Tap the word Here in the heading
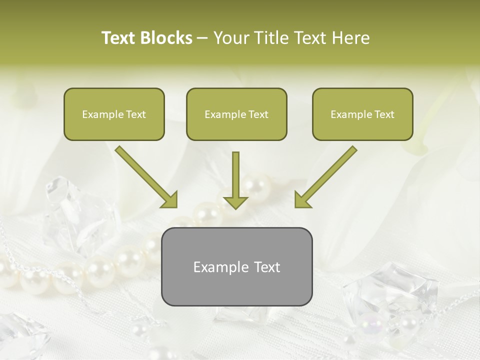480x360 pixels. pyautogui.click(x=351, y=38)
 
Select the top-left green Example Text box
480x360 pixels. pyautogui.click(x=114, y=114)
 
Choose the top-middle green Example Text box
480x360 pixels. pyautogui.click(x=236, y=114)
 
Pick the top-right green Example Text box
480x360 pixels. pyautogui.click(x=362, y=114)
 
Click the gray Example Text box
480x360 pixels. pyautogui.click(x=236, y=266)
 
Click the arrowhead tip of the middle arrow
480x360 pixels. pyautogui.click(x=235, y=207)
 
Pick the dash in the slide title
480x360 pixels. pyautogui.click(x=202, y=38)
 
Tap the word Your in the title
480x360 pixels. pyautogui.click(x=228, y=38)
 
